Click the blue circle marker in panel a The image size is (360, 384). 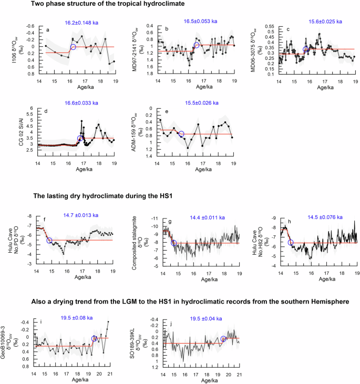(74, 47)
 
